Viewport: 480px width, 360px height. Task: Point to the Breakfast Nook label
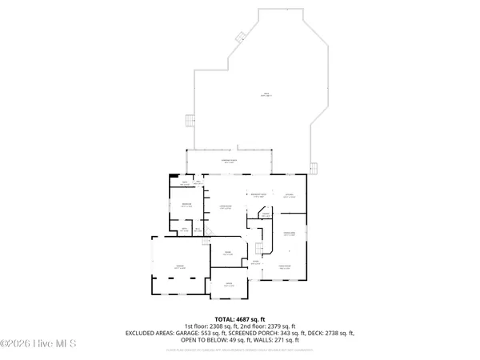(258, 195)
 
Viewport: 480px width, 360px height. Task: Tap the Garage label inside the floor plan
(181, 267)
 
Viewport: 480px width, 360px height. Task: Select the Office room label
(229, 284)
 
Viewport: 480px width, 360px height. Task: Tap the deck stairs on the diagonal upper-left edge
(239, 36)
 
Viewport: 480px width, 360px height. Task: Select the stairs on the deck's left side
(190, 121)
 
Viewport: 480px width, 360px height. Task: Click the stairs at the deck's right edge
(314, 168)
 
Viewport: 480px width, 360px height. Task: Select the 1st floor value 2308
(218, 326)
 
